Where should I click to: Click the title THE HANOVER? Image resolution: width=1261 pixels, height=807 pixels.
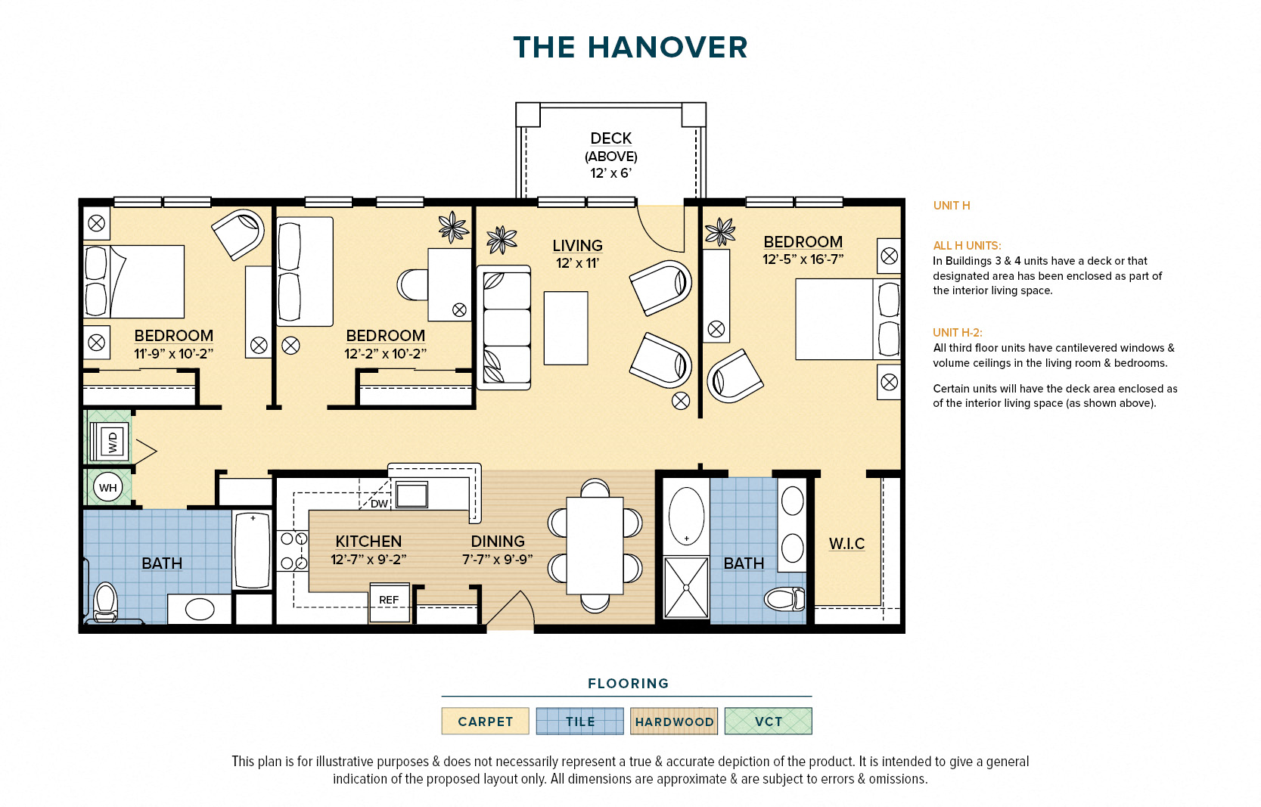coord(630,48)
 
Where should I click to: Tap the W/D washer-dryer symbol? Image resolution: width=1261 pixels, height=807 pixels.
coord(111,442)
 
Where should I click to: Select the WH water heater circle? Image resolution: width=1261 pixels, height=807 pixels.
coord(108,487)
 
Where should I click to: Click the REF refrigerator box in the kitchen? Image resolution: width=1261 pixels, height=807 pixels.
coord(389,602)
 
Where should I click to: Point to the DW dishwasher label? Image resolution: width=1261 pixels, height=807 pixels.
coord(379,504)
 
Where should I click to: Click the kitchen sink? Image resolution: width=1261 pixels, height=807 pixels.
coord(412,495)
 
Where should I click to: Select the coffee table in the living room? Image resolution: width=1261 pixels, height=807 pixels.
coord(566,328)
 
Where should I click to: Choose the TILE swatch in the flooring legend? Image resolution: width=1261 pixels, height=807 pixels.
coord(580,721)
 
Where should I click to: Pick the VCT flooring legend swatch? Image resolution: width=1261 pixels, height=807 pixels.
coord(769,721)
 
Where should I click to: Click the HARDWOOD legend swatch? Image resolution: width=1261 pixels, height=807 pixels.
coord(674,721)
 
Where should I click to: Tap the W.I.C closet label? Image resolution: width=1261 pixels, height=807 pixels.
coord(846,544)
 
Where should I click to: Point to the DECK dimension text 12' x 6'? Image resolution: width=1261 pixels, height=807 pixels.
coord(610,173)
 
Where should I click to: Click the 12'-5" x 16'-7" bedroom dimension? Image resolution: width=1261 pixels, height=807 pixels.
coord(803,259)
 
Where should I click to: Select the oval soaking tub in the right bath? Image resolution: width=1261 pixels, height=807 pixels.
coord(686,515)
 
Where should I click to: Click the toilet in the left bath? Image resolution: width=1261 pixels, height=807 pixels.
coord(105,601)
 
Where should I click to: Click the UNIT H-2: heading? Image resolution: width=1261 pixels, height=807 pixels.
coord(958,333)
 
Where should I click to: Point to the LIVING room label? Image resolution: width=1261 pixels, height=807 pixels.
coord(578,246)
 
